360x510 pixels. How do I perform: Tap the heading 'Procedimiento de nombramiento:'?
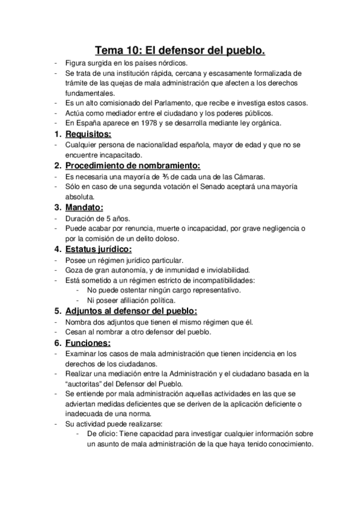(x=133, y=165)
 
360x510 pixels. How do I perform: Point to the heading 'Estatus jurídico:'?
(x=99, y=249)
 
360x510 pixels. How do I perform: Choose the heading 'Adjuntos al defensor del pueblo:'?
(x=131, y=311)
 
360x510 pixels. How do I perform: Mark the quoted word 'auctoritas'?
(x=87, y=384)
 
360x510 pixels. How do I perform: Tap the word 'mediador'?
(x=110, y=113)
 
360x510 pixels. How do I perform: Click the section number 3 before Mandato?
(x=57, y=207)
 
